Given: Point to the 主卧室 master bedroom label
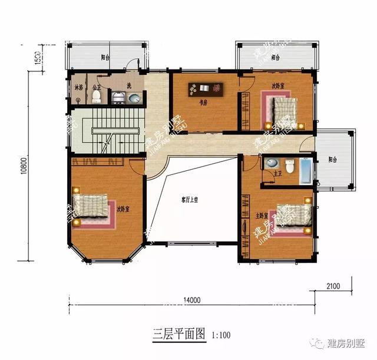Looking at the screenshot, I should [x=262, y=216].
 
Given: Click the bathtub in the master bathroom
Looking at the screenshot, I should [x=307, y=170].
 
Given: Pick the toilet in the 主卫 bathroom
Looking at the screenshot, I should [x=289, y=166].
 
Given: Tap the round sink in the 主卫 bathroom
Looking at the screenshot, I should [x=272, y=163].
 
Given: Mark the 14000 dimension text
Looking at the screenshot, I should [x=192, y=300].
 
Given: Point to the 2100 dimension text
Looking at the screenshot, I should [x=333, y=286].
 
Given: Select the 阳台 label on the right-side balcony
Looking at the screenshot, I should [x=333, y=159].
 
